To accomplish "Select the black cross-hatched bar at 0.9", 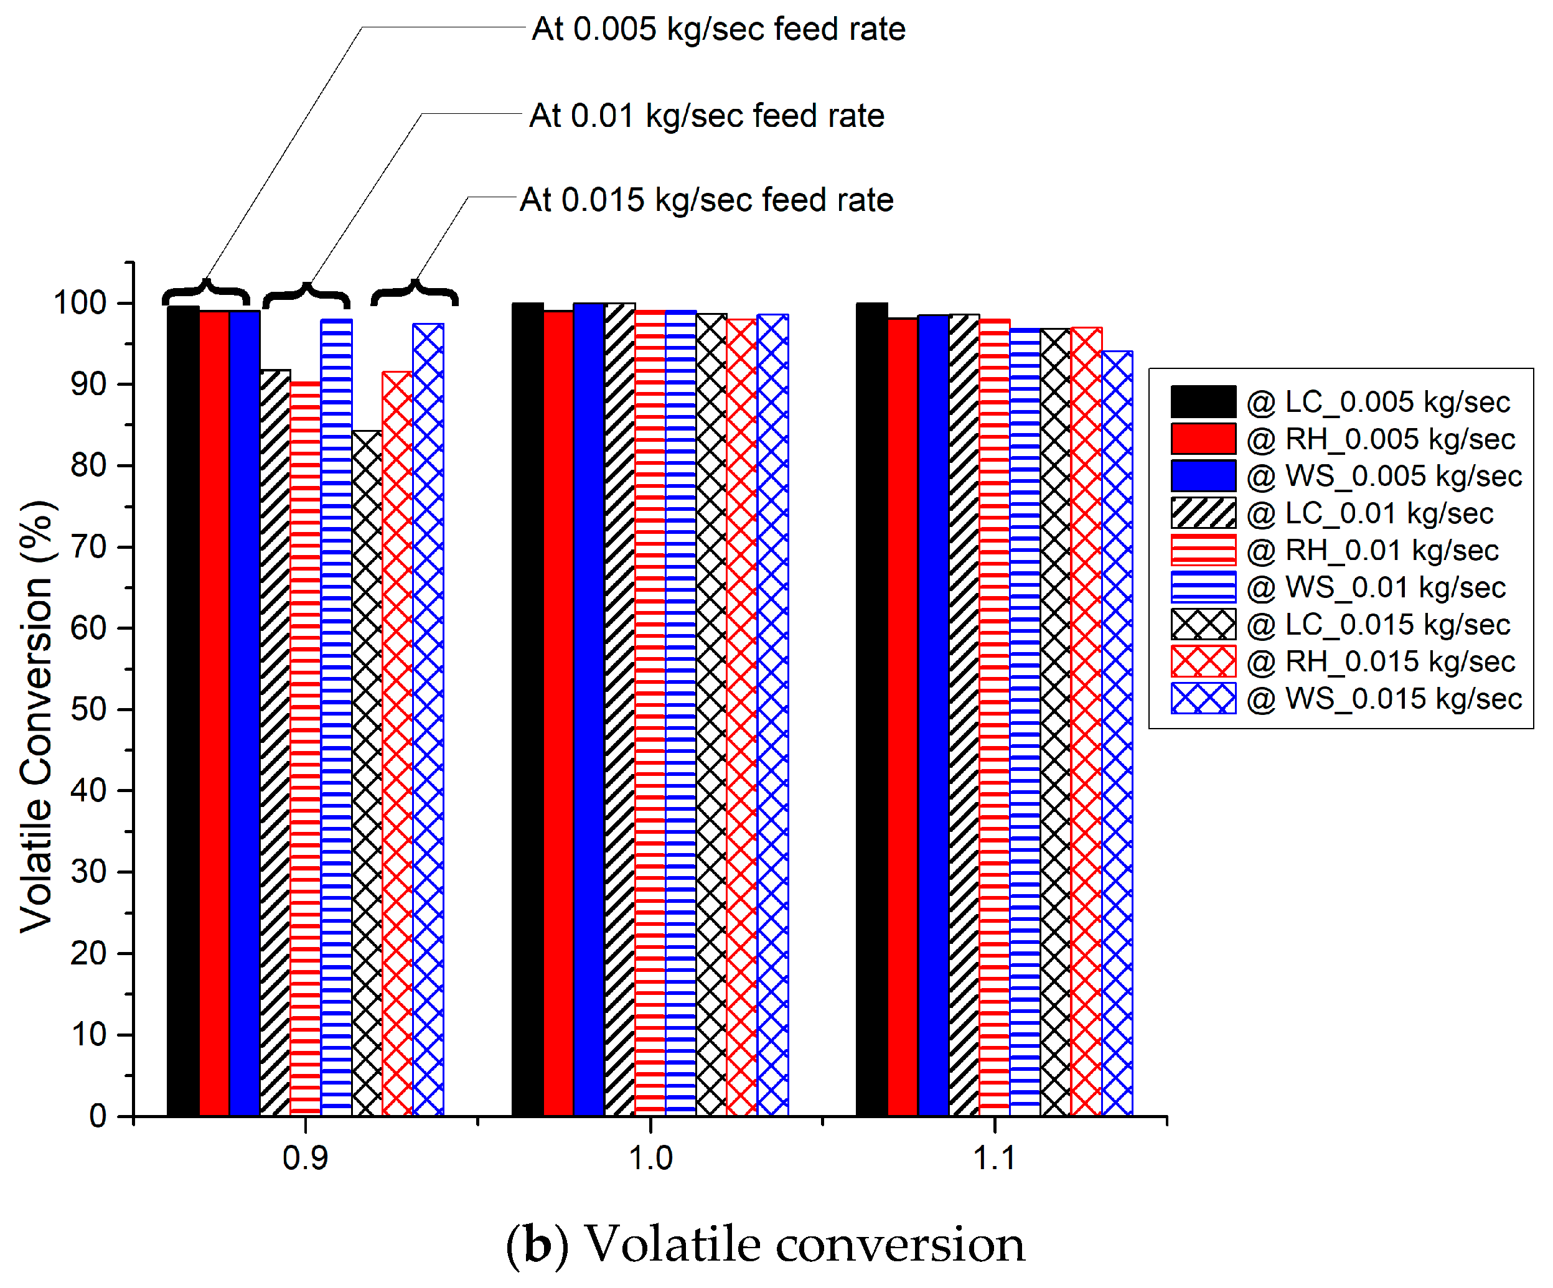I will [x=367, y=773].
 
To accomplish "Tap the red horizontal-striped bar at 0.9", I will [x=306, y=747].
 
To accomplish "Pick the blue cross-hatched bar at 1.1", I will [x=1117, y=732].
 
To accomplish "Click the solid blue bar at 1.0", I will [x=589, y=710].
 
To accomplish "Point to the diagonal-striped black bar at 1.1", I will [x=964, y=714].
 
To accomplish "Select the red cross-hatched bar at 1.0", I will [x=742, y=717].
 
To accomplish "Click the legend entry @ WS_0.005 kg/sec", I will [x=1383, y=476].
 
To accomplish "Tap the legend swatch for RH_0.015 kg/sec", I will [x=1203, y=661].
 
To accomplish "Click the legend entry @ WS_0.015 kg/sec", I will [x=1383, y=699].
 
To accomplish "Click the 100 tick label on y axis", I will [x=80, y=303].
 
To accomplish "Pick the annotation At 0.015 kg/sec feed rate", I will [x=706, y=200].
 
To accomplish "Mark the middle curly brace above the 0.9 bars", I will [x=306, y=295].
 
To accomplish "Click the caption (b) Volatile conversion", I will [x=766, y=1245].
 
